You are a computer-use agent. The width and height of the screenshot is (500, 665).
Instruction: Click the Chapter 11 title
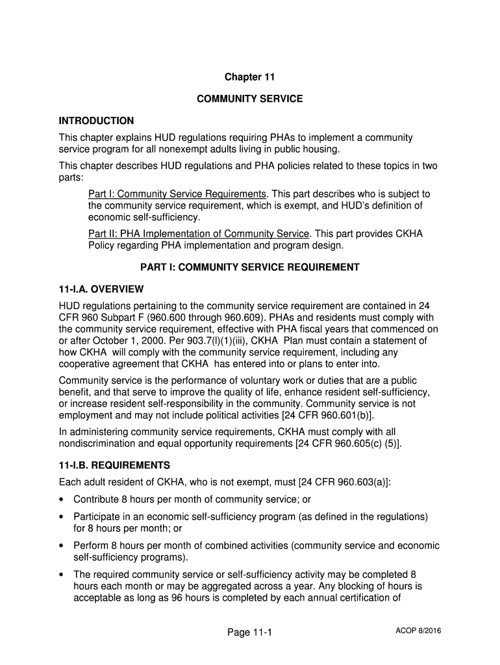point(250,77)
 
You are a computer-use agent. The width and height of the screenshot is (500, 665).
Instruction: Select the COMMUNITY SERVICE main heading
point(250,99)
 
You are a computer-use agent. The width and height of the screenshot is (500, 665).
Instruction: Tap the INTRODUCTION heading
point(96,121)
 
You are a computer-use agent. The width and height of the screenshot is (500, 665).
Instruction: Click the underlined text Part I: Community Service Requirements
point(177,194)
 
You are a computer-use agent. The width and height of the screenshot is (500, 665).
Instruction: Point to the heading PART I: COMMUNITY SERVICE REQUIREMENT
point(250,267)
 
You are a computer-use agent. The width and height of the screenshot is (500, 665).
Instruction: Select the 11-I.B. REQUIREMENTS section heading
point(114,466)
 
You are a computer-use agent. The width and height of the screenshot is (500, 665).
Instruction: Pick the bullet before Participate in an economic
point(62,517)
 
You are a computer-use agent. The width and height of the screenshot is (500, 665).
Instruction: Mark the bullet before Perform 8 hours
point(62,546)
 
